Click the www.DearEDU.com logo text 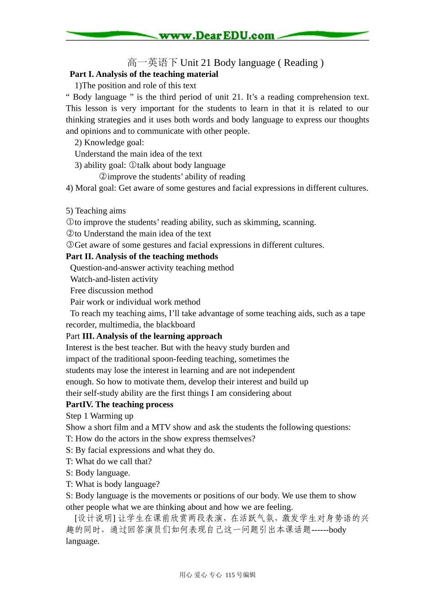click(x=216, y=36)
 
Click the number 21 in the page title click(x=206, y=63)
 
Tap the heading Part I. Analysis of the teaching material click(x=144, y=74)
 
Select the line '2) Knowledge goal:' click(x=109, y=142)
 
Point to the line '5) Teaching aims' click(x=96, y=211)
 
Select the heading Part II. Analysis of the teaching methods click(x=142, y=257)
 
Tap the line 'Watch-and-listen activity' click(x=114, y=279)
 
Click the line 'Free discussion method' click(x=111, y=291)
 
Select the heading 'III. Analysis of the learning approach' click(x=152, y=336)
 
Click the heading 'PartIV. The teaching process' click(x=120, y=405)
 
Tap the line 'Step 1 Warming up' click(x=99, y=416)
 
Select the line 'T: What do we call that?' click(x=109, y=462)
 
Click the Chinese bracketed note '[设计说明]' click(x=95, y=518)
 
